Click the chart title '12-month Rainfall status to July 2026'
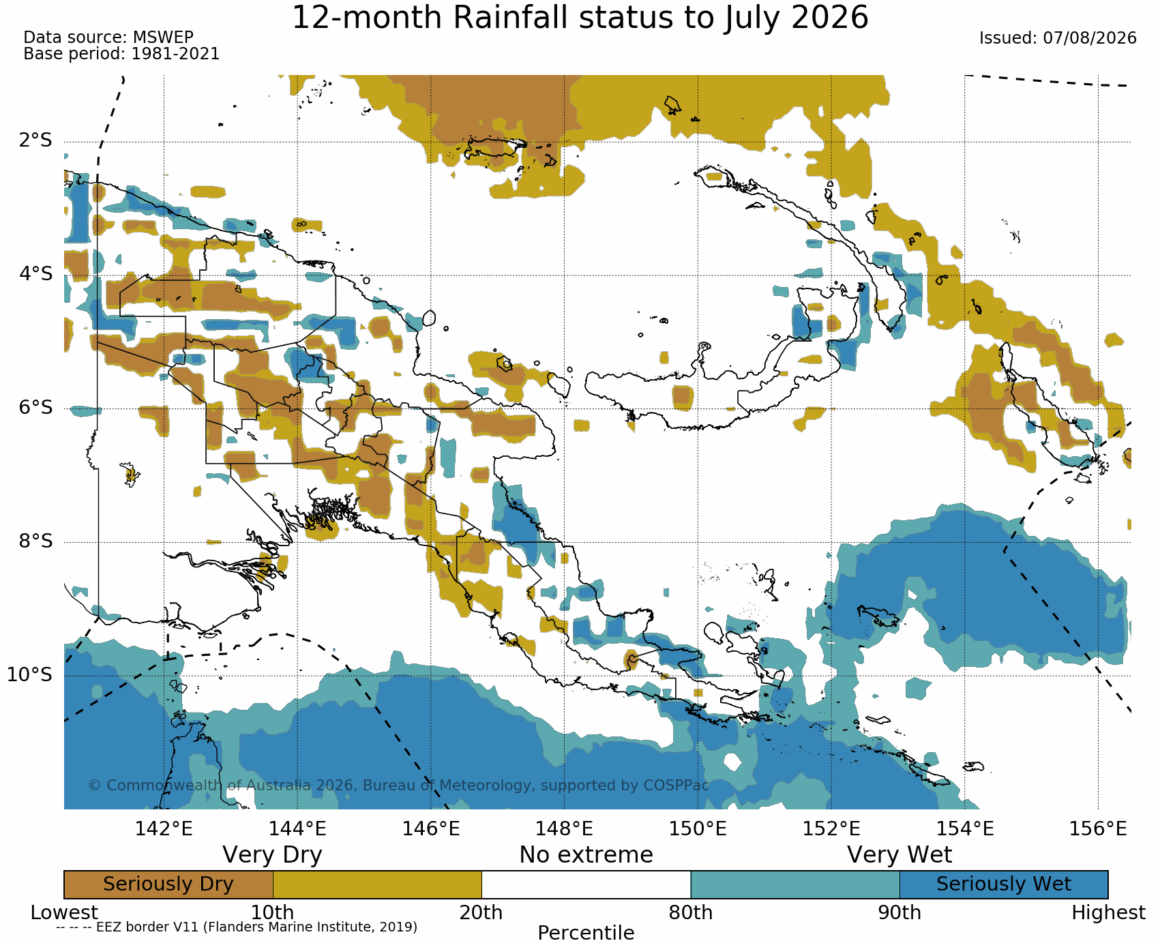click(580, 17)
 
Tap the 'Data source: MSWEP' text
click(108, 38)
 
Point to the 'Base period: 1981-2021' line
click(121, 54)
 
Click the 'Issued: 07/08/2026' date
click(1058, 38)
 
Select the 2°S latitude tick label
click(35, 141)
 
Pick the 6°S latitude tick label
click(35, 408)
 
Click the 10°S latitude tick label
click(29, 675)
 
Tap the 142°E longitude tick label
click(164, 829)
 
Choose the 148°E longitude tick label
click(564, 829)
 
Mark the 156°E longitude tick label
click(1098, 829)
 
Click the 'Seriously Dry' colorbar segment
click(168, 884)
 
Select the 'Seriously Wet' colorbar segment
click(1004, 884)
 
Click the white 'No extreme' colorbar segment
click(586, 884)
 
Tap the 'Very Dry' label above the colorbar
click(272, 855)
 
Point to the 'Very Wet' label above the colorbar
click(899, 855)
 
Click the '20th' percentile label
click(481, 912)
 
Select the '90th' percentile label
click(899, 912)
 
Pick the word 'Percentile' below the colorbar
click(586, 933)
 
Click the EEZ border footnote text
click(237, 927)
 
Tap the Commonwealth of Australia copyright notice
click(399, 786)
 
